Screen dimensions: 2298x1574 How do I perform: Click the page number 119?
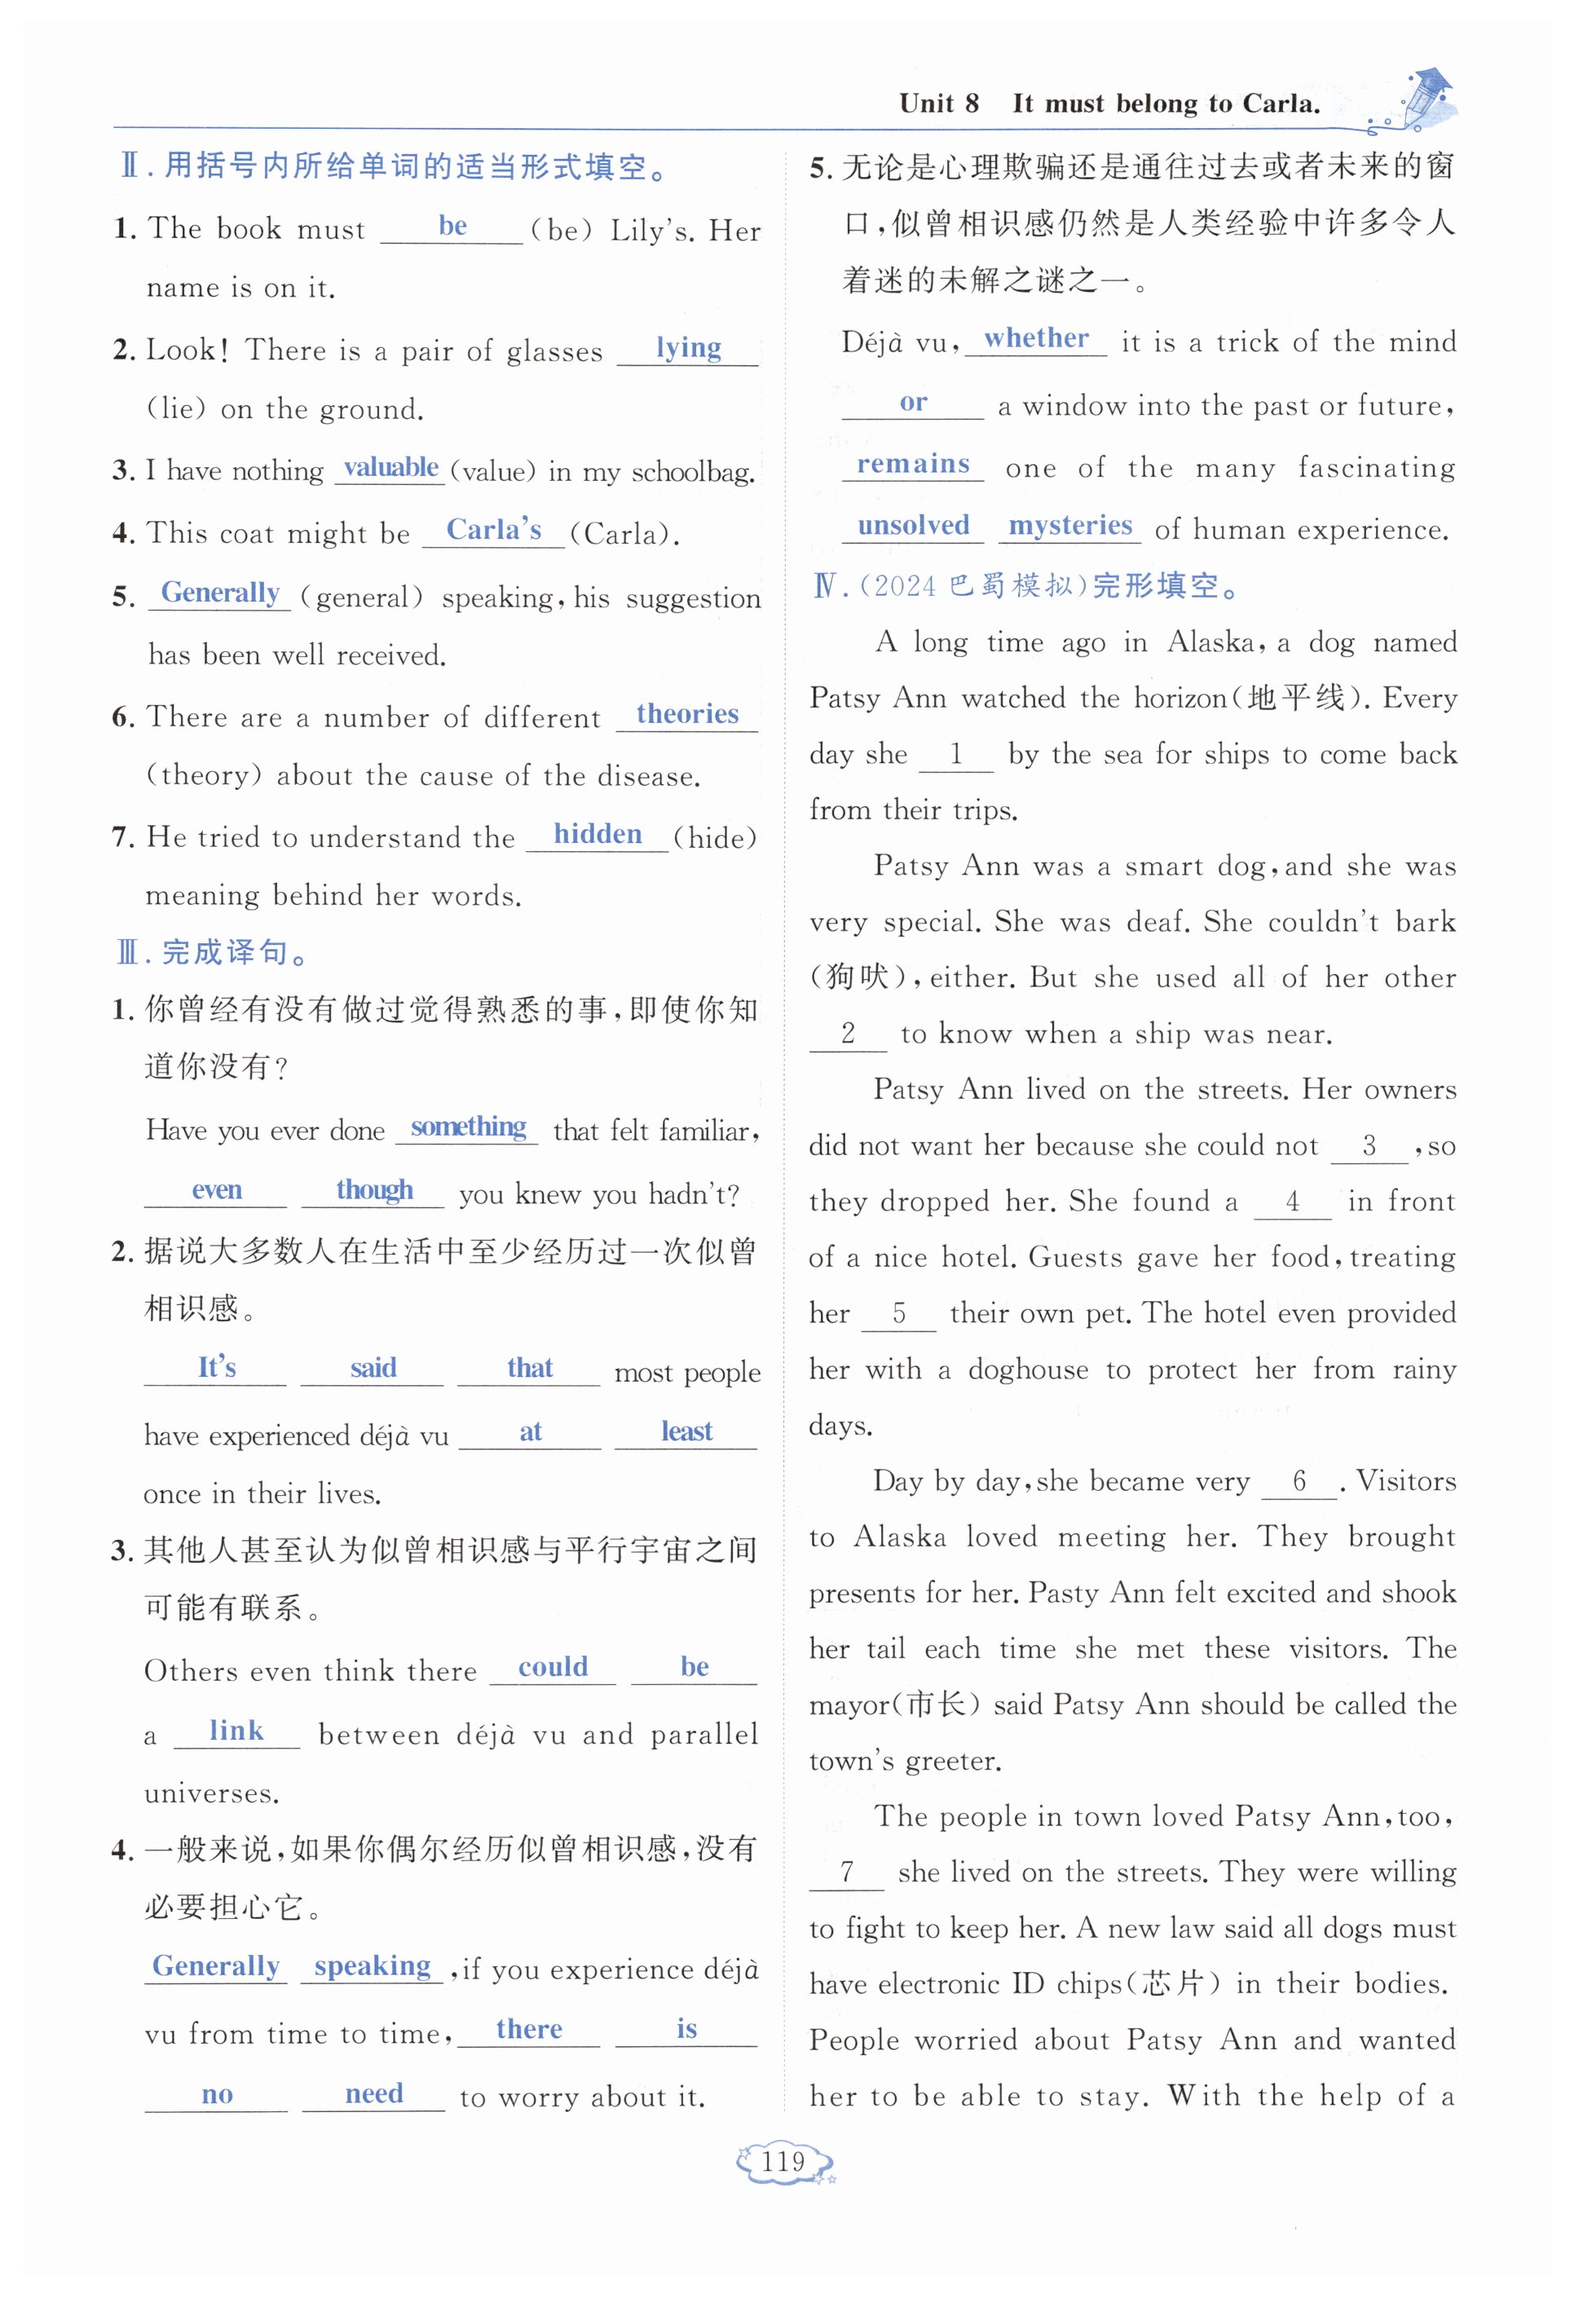tap(783, 2163)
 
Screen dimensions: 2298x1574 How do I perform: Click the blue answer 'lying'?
tap(688, 348)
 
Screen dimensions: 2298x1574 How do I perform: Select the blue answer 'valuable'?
tap(390, 468)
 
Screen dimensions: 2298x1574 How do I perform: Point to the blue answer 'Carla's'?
tap(493, 530)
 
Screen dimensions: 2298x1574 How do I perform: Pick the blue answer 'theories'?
tap(687, 714)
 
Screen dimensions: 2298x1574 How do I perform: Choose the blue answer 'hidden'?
tap(597, 835)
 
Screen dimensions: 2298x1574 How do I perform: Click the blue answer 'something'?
tap(468, 1127)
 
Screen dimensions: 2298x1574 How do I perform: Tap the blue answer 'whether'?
tap(1036, 338)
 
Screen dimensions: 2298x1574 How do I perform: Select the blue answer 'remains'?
tap(913, 464)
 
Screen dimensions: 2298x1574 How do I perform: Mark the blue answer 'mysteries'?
tap(1069, 525)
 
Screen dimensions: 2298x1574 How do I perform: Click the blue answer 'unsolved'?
tap(913, 525)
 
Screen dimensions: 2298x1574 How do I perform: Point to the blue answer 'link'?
tap(236, 1731)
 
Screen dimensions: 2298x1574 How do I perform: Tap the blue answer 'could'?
tap(553, 1667)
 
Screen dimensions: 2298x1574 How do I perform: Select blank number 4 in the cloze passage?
tap(1291, 1202)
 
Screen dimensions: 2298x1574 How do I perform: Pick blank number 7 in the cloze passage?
tap(846, 1872)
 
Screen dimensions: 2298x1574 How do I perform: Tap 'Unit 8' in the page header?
tap(938, 104)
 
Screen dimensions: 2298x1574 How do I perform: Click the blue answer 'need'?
tap(373, 2093)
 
